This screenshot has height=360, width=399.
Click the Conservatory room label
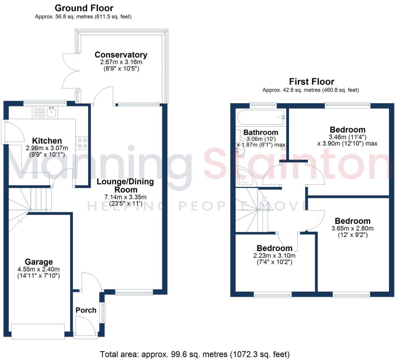tap(121, 55)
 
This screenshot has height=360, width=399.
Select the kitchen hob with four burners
tap(82, 143)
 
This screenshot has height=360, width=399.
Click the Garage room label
tap(39, 262)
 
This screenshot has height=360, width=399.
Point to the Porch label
tap(86, 310)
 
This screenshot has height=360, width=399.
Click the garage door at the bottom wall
tap(38, 331)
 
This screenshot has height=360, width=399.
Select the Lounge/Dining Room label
tap(125, 185)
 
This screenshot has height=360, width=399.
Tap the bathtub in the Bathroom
tap(260, 118)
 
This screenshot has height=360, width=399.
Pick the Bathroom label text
tap(261, 132)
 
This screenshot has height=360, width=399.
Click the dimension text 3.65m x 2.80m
tap(352, 228)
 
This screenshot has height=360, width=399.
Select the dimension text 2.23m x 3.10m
tap(274, 256)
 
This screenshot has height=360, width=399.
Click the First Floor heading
tap(311, 82)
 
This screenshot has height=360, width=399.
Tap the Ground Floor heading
tap(84, 8)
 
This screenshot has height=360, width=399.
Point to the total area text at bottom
tap(194, 354)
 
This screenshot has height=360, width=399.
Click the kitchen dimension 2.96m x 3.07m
tap(47, 148)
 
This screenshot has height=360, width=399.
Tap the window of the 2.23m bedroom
tap(272, 294)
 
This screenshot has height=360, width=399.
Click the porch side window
tap(103, 312)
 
